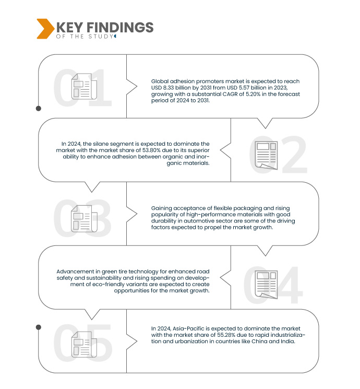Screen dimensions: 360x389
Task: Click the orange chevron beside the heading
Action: (45, 29)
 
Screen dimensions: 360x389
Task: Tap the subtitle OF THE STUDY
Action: (85, 37)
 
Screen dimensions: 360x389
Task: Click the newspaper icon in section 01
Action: (84, 86)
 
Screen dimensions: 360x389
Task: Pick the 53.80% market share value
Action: (151, 150)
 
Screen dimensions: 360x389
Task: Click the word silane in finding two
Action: (101, 144)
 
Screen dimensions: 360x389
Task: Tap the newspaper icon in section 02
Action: (266, 155)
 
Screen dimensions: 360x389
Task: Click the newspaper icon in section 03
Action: (84, 219)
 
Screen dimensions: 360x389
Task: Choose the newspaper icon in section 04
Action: (266, 285)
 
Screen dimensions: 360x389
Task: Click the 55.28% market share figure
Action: (226, 335)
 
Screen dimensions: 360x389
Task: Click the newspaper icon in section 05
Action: (84, 344)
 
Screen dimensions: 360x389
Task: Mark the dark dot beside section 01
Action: (39, 109)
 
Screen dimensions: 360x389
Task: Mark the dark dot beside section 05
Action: (39, 327)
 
